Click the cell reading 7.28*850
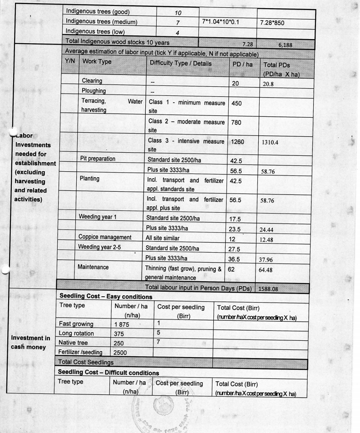[275, 22]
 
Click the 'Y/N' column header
[70, 61]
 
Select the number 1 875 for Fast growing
[122, 324]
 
